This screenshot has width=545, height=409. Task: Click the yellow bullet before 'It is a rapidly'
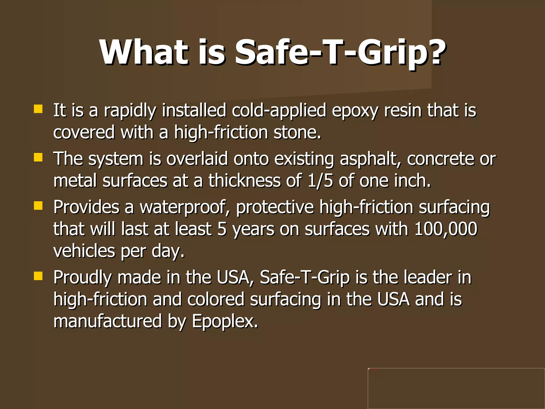tap(38, 109)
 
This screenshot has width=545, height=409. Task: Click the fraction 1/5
tap(320, 181)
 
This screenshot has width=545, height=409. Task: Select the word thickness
tap(244, 181)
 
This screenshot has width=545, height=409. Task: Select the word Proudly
tap(82, 278)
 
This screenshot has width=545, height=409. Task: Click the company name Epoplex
tap(225, 321)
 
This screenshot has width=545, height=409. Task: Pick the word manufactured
tap(108, 321)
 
